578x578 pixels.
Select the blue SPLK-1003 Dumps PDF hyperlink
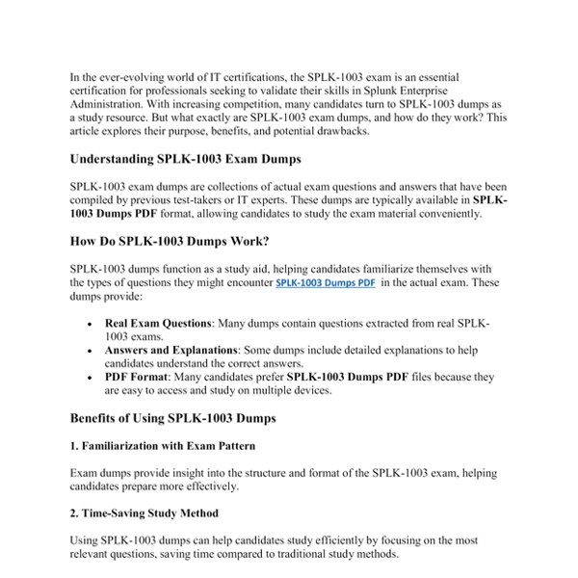pyautogui.click(x=326, y=284)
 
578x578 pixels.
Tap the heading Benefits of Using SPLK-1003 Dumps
pyautogui.click(x=173, y=418)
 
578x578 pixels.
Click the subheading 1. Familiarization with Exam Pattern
pyautogui.click(x=163, y=447)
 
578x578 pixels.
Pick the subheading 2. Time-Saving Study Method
pyautogui.click(x=144, y=513)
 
